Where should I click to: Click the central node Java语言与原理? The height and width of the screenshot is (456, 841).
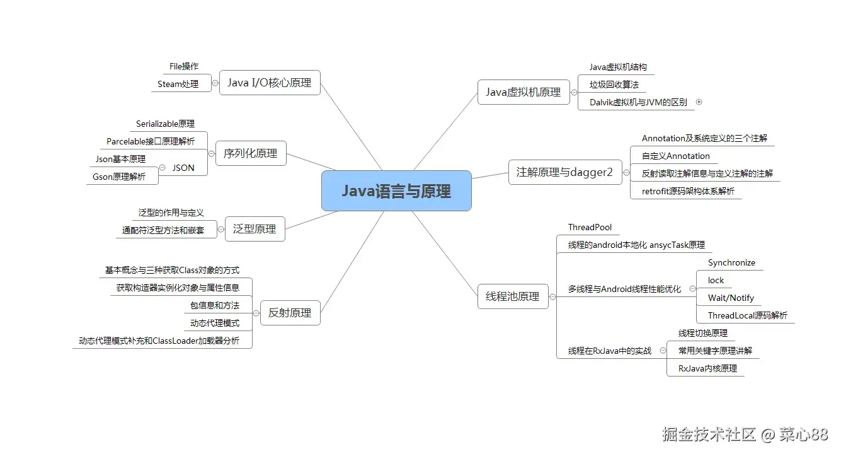point(396,191)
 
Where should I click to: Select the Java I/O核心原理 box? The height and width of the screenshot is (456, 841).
point(270,83)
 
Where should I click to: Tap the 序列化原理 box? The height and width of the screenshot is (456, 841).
point(251,153)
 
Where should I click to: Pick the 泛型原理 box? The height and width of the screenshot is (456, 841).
point(255,229)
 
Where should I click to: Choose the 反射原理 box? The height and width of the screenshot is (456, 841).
point(290,313)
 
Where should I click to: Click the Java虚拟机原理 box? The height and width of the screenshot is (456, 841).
point(523,92)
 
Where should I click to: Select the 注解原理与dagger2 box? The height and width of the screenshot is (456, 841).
point(565,172)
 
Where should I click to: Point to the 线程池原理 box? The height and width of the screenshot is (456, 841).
point(513,296)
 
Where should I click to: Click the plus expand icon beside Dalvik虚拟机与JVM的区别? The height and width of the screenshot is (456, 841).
point(699,102)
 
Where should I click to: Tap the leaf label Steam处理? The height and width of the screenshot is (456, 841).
point(178,84)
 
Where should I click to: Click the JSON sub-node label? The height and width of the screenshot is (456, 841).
point(183,168)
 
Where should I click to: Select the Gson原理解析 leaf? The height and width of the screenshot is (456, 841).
point(119,177)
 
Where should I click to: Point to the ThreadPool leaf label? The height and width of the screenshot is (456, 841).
point(590,227)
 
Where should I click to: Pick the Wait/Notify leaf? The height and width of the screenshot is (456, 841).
point(731,298)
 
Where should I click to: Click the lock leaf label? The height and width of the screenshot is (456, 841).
point(716,280)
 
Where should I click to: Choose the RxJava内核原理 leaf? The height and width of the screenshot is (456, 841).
point(707,368)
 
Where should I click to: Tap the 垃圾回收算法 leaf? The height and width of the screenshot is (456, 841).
point(614,85)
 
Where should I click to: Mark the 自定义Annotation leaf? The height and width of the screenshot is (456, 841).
point(676,156)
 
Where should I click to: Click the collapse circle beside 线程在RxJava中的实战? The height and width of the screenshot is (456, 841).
point(663,351)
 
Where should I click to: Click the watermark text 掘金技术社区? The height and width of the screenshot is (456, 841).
point(709,434)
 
